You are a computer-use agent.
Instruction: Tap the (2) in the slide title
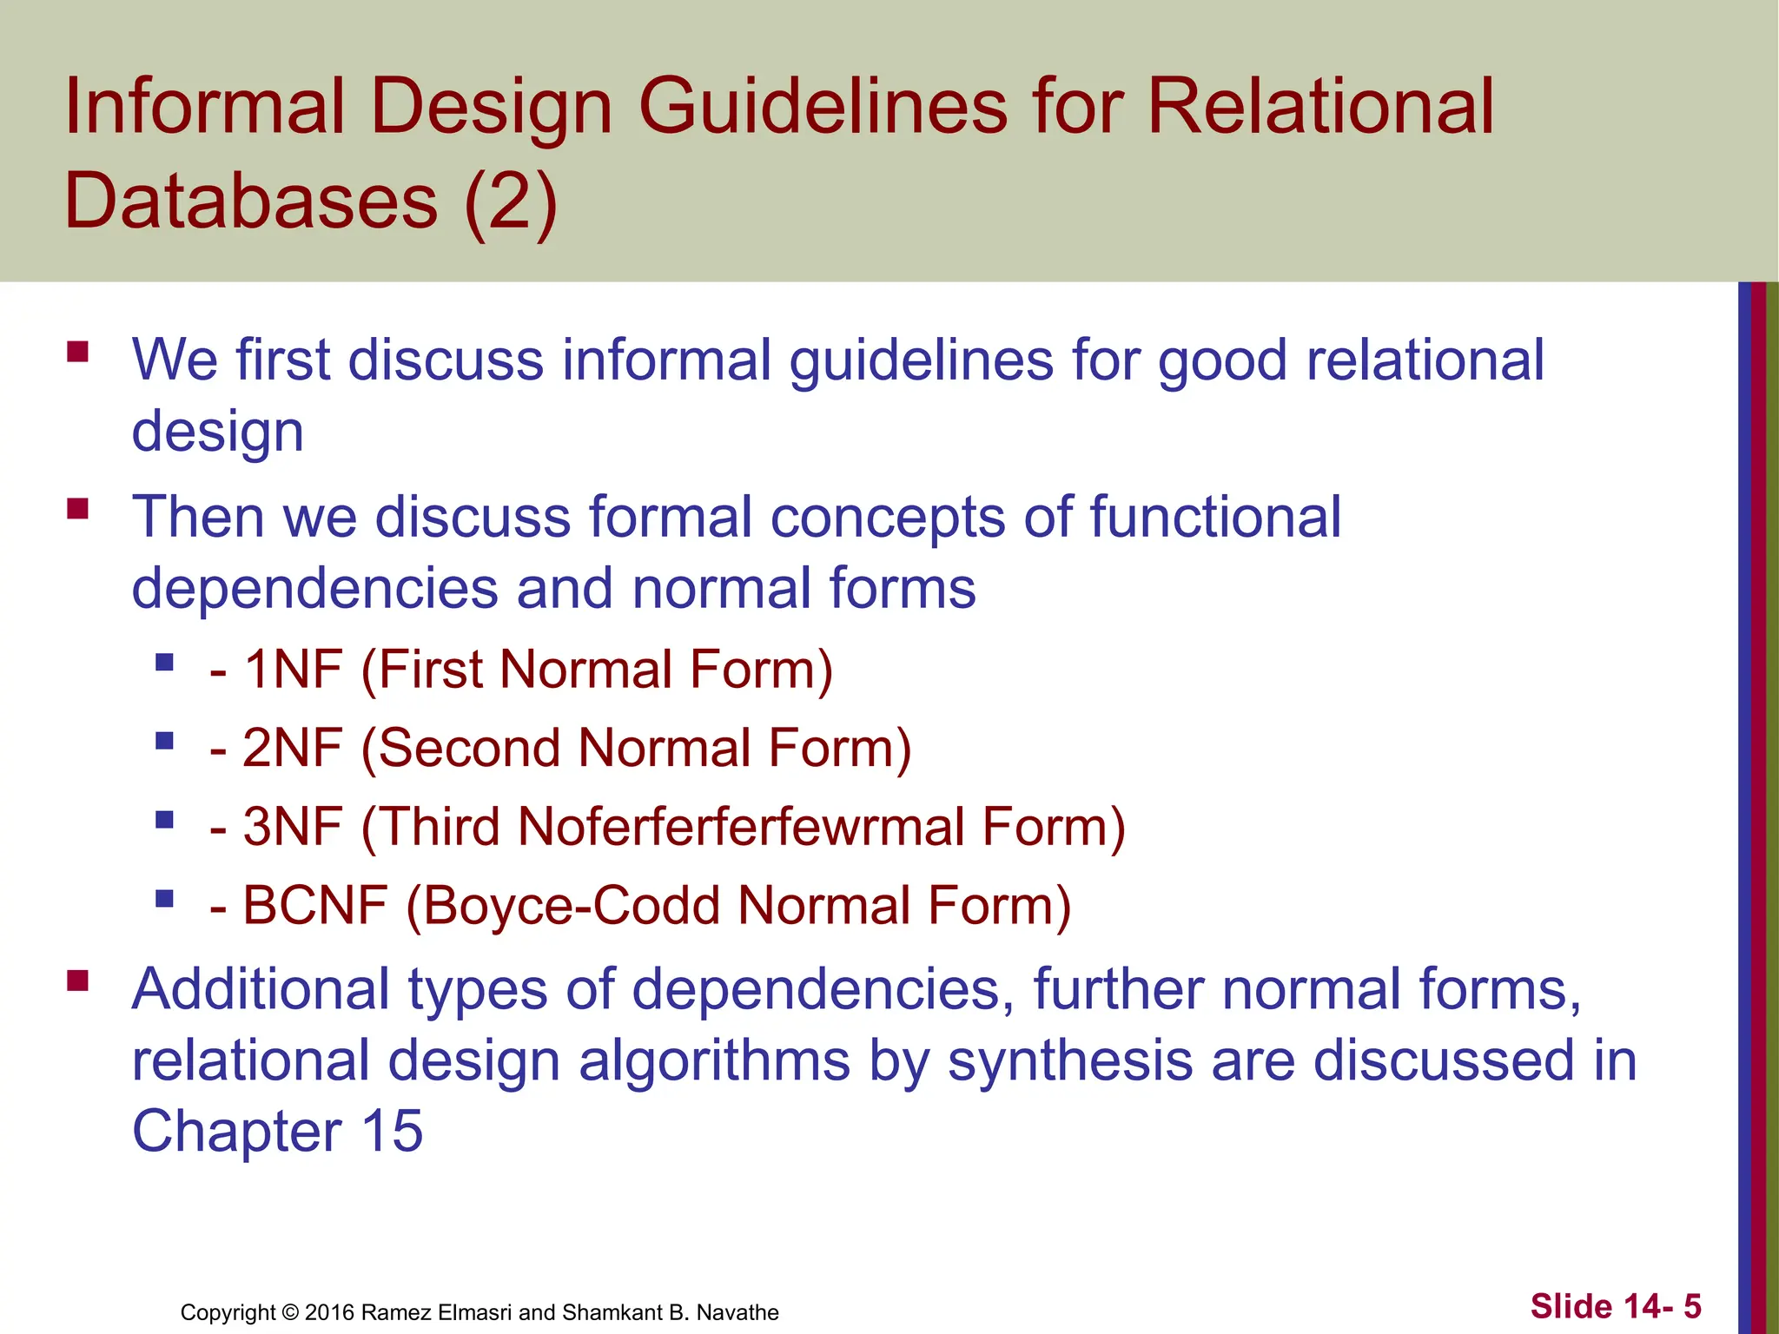pos(510,201)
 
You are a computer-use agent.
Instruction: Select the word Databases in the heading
pos(251,201)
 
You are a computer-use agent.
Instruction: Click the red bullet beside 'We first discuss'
pos(78,351)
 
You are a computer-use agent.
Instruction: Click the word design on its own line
pos(217,432)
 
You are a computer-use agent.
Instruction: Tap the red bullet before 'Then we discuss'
pos(78,508)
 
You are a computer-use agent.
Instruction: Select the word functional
pos(1214,517)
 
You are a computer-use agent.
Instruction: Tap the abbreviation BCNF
pos(314,905)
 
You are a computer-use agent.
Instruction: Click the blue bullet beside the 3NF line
pos(164,819)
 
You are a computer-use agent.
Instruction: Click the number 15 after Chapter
pos(392,1132)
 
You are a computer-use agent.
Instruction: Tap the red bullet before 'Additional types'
pos(78,981)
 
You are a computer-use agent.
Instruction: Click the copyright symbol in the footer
pos(290,1312)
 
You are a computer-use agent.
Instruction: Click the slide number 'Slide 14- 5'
pos(1615,1306)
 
